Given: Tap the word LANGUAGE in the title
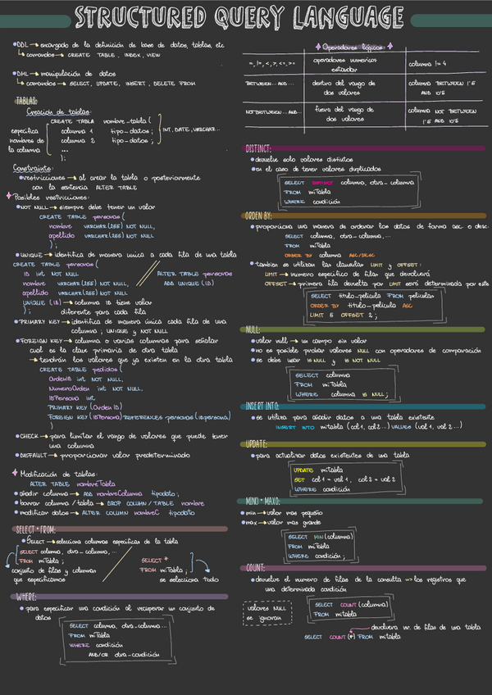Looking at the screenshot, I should [345, 17].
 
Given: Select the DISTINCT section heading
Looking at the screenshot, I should [262, 149].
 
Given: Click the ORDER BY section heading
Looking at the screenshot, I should [262, 216].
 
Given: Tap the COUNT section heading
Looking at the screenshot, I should [255, 567].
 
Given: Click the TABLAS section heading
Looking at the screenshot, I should [26, 99].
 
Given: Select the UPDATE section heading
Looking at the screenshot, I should [259, 443].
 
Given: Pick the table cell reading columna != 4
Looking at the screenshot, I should [430, 64].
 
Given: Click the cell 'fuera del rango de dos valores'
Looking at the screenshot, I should [344, 114].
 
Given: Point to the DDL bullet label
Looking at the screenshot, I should [21, 45].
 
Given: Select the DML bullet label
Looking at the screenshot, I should [22, 73].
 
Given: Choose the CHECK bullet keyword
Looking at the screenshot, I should [30, 437].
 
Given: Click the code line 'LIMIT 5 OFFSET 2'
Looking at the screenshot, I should [344, 315].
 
